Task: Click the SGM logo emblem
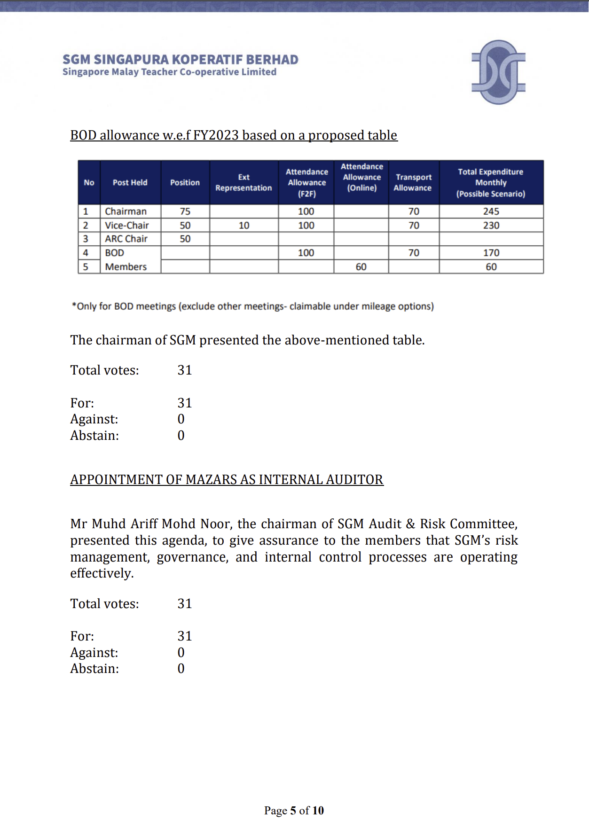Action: point(498,72)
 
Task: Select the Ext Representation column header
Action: point(243,182)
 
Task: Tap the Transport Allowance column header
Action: point(413,182)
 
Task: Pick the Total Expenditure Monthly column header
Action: point(491,182)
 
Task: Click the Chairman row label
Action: point(126,211)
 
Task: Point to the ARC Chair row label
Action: point(126,239)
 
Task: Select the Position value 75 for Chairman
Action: point(185,211)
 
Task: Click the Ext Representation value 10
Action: point(244,226)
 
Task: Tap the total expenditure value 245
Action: point(491,211)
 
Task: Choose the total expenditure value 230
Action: point(491,226)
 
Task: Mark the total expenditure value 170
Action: point(491,253)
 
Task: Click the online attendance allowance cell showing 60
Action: point(361,267)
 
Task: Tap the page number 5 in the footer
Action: point(293,810)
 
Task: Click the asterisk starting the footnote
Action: point(74,305)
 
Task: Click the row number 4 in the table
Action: point(86,253)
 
